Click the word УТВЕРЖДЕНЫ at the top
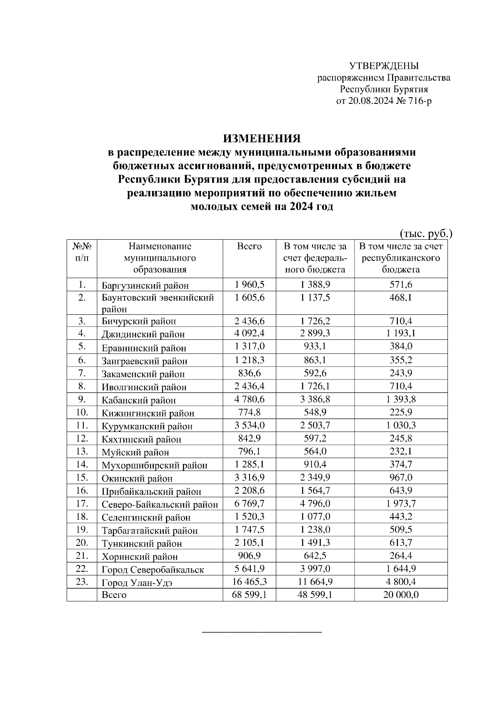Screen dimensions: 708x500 [x=384, y=66]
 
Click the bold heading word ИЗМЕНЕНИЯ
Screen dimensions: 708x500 [x=262, y=138]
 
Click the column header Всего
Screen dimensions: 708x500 [x=249, y=246]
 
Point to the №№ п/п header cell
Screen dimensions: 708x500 [x=82, y=252]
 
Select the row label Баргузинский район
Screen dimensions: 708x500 [x=145, y=286]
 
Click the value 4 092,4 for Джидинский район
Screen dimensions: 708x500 [x=249, y=333]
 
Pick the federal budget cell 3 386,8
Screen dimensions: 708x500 [x=315, y=399]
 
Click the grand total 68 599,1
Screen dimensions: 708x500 [x=249, y=595]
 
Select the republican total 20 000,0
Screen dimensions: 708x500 [x=401, y=595]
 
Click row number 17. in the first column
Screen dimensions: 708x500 [x=82, y=503]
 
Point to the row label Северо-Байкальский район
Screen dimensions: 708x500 [x=160, y=505]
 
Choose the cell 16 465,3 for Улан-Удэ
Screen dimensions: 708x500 [x=249, y=582]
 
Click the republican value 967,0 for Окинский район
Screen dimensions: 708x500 [x=401, y=477]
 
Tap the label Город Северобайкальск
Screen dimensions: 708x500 [x=152, y=570]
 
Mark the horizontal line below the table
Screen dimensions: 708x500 [x=262, y=633]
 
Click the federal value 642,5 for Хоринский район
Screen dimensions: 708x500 [x=315, y=555]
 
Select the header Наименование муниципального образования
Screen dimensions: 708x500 [x=160, y=258]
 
